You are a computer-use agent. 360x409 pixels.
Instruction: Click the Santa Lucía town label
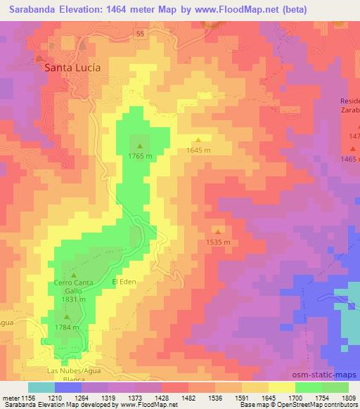72,68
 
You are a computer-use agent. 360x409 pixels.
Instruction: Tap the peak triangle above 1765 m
139,146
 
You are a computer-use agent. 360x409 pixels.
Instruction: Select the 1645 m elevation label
198,150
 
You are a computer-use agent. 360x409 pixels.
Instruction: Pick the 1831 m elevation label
73,299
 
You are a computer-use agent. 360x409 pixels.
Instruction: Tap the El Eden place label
123,282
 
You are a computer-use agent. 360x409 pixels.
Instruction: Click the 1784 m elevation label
67,327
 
